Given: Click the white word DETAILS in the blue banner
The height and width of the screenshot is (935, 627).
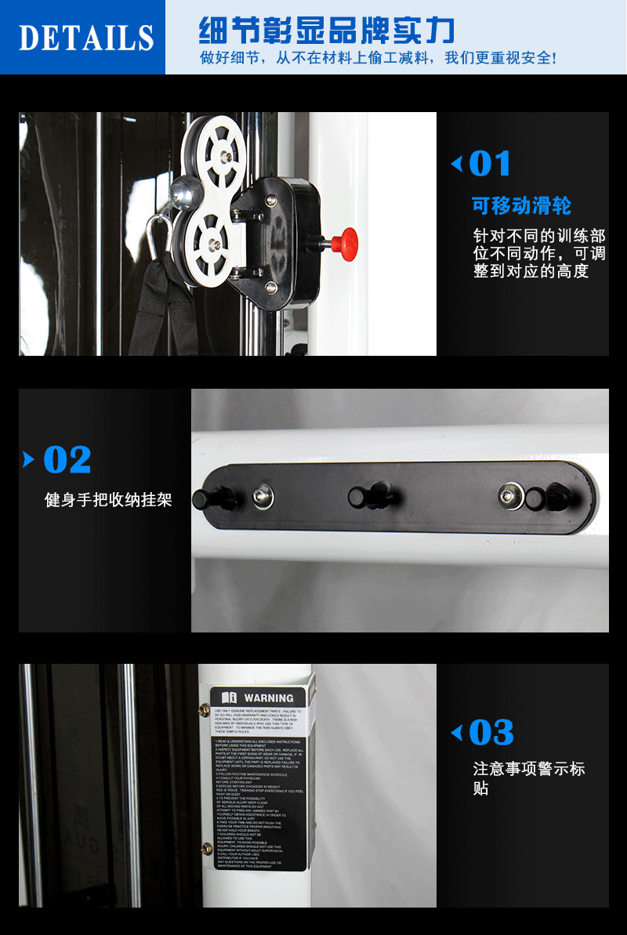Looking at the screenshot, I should pos(85,38).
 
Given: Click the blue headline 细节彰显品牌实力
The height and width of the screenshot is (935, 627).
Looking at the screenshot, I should pos(326,31).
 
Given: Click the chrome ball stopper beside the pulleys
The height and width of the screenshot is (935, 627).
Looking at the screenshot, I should pos(185,190).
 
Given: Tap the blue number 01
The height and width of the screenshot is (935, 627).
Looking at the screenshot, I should pos(490,165).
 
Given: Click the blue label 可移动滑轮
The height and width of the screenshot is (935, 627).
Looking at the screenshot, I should pos(521,206).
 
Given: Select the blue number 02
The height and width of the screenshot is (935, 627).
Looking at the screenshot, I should pos(67,460).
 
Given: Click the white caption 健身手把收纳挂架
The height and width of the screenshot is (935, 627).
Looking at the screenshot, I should pos(108,499).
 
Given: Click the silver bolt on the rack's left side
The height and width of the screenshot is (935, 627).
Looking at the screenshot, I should pos(262,495).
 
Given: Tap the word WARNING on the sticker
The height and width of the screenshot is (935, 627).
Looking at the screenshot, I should pos(268,698).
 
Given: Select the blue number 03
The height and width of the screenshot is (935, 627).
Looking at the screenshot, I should pos(491,734).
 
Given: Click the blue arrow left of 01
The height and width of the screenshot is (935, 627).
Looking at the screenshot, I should pos(456,165).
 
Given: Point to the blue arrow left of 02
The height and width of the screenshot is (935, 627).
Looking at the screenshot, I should pos(29,459).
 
